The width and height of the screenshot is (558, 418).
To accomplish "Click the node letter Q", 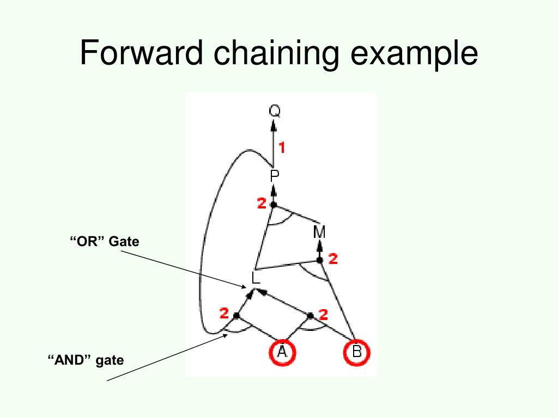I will [x=275, y=112].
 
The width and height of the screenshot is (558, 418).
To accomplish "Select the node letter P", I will [x=275, y=176].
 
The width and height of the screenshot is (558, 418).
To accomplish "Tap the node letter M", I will [x=319, y=232].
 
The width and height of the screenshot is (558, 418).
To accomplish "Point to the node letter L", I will [x=256, y=278].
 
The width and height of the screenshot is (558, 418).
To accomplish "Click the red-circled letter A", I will [x=282, y=352].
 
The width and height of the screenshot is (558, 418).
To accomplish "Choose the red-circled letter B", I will [x=356, y=352].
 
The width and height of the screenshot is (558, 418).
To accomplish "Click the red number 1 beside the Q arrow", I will [x=282, y=146].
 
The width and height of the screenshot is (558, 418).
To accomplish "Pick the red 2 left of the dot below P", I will [x=262, y=204].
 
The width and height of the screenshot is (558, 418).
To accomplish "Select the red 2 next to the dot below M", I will [x=333, y=260].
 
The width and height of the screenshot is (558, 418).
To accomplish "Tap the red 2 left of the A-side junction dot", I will [x=224, y=313].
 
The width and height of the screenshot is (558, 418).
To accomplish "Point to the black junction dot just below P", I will [x=274, y=205].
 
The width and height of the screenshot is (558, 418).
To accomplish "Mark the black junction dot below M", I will [x=320, y=260].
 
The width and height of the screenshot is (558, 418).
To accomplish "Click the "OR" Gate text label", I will [x=104, y=241].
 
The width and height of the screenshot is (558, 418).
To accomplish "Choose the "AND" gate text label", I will [x=86, y=360].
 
